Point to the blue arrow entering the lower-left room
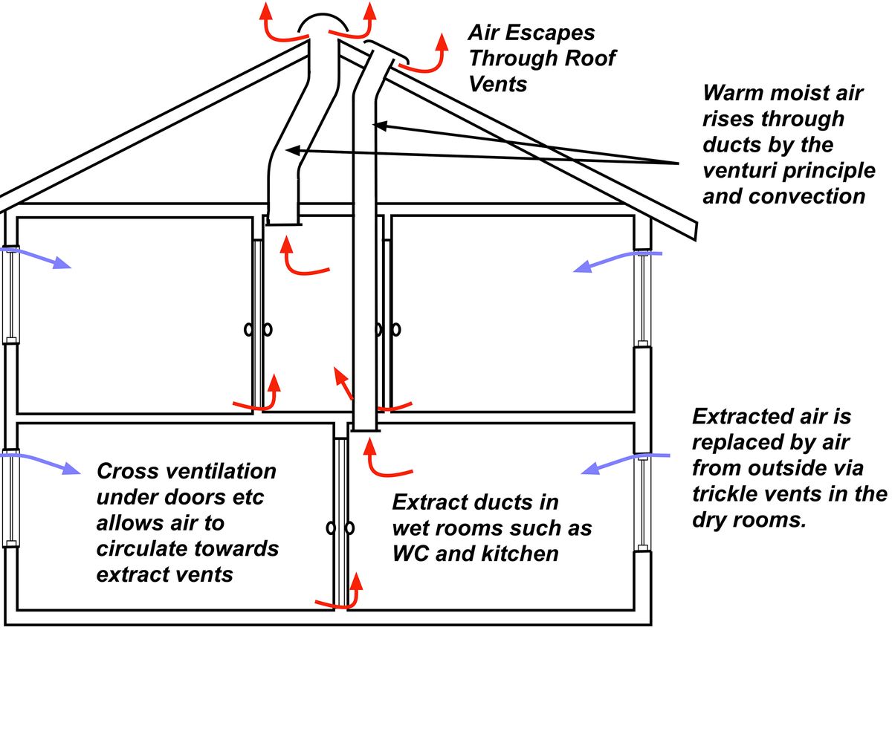click(x=45, y=461)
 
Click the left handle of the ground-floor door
click(x=330, y=528)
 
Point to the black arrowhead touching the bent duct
click(x=291, y=151)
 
